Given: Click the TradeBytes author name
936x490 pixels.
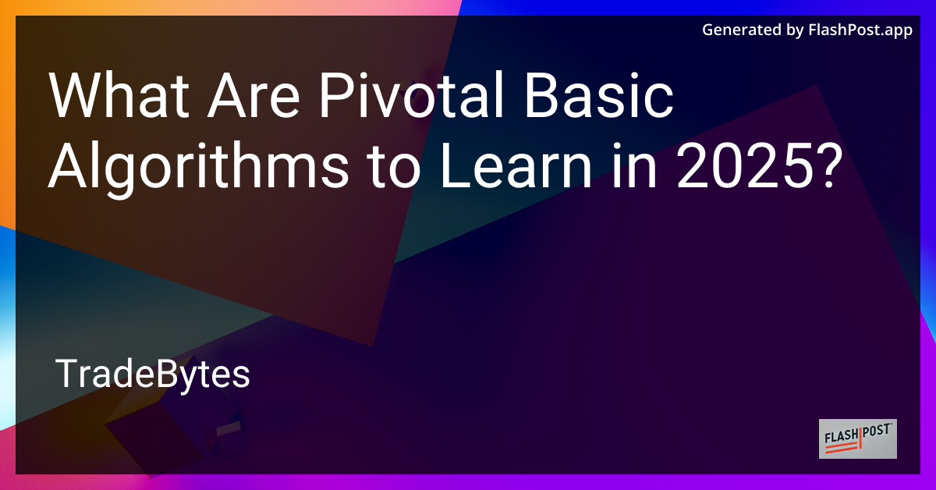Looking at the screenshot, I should (153, 375).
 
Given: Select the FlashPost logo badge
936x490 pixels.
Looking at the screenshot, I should (857, 439).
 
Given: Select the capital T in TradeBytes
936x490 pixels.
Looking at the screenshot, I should (66, 375).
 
